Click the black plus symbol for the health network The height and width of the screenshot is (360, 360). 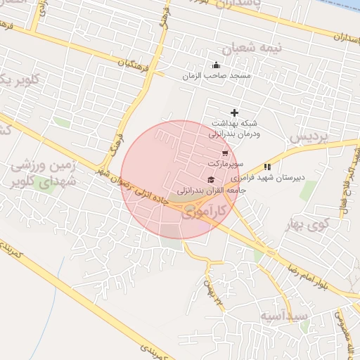234,112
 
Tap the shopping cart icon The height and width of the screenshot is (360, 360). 224,153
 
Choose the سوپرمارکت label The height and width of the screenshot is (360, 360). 225,163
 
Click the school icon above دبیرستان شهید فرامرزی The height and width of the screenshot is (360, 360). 266,167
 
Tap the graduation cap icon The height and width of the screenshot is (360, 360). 211,181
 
